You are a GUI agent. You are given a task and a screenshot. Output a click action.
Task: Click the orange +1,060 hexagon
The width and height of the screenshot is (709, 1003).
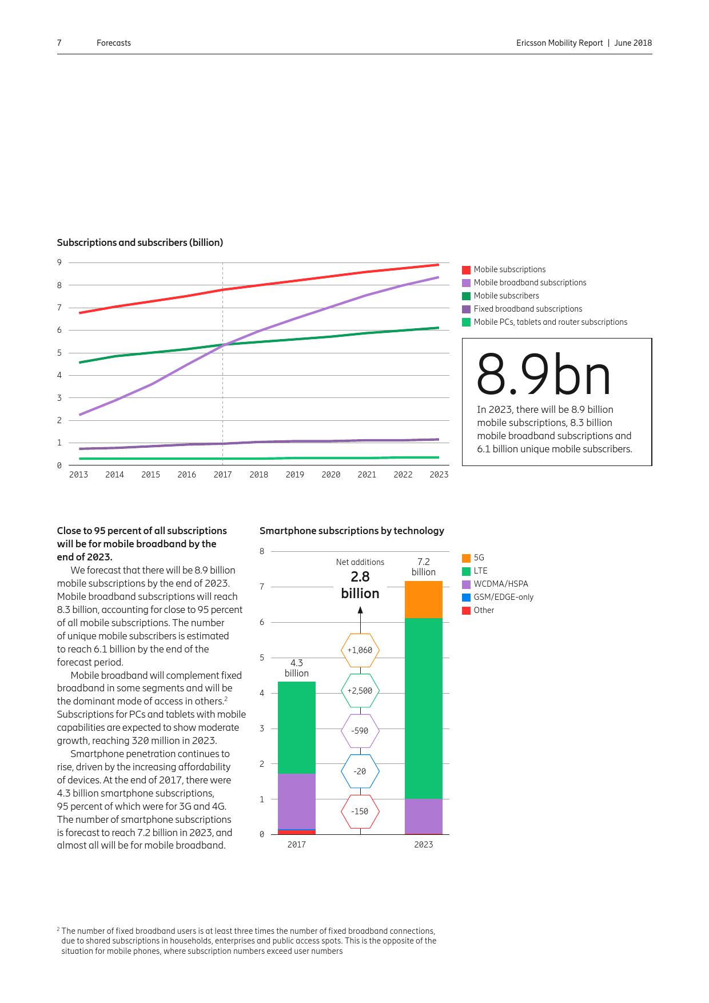[x=360, y=650]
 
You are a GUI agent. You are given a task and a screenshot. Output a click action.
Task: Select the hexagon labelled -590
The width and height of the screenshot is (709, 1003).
[x=360, y=731]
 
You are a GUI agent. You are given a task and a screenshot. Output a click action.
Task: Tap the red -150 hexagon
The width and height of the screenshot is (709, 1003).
[x=360, y=811]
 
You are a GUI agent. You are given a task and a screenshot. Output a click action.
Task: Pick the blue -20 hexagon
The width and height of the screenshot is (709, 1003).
[x=360, y=771]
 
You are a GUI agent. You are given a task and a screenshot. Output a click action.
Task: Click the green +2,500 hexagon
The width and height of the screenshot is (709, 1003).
[x=360, y=691]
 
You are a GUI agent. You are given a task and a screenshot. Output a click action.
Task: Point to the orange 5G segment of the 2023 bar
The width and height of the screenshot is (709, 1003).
[x=423, y=599]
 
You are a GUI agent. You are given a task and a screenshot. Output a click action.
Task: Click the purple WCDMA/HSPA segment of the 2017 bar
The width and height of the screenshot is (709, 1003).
[x=296, y=801]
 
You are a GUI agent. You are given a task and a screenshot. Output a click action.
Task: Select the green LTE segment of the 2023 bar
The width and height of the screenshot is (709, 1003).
[x=423, y=708]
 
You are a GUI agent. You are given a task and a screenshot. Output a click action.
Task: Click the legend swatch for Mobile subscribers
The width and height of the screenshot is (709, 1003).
[x=466, y=296]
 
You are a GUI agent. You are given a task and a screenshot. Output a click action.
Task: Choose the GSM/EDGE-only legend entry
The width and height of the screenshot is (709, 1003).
[x=503, y=597]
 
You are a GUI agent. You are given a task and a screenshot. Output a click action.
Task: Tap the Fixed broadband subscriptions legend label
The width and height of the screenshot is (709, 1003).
[x=528, y=309]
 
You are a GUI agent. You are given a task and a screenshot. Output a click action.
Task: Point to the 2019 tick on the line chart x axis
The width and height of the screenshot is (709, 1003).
[x=294, y=475]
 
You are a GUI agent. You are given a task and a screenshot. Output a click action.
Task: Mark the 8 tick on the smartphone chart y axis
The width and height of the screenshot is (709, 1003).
[x=262, y=551]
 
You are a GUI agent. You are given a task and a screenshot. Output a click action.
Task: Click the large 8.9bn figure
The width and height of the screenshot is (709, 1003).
[x=543, y=375]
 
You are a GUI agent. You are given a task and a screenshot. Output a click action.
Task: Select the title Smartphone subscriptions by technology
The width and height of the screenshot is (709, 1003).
[x=352, y=531]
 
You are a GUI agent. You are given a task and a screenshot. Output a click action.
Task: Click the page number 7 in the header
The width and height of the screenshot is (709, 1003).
[x=59, y=43]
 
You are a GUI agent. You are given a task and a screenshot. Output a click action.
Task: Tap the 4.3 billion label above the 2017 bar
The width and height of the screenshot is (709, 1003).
[x=296, y=668]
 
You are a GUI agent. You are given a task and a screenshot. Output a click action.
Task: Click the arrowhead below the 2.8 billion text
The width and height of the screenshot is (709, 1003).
[x=360, y=610]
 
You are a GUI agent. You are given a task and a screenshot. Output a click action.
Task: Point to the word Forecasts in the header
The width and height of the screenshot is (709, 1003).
[x=113, y=43]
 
